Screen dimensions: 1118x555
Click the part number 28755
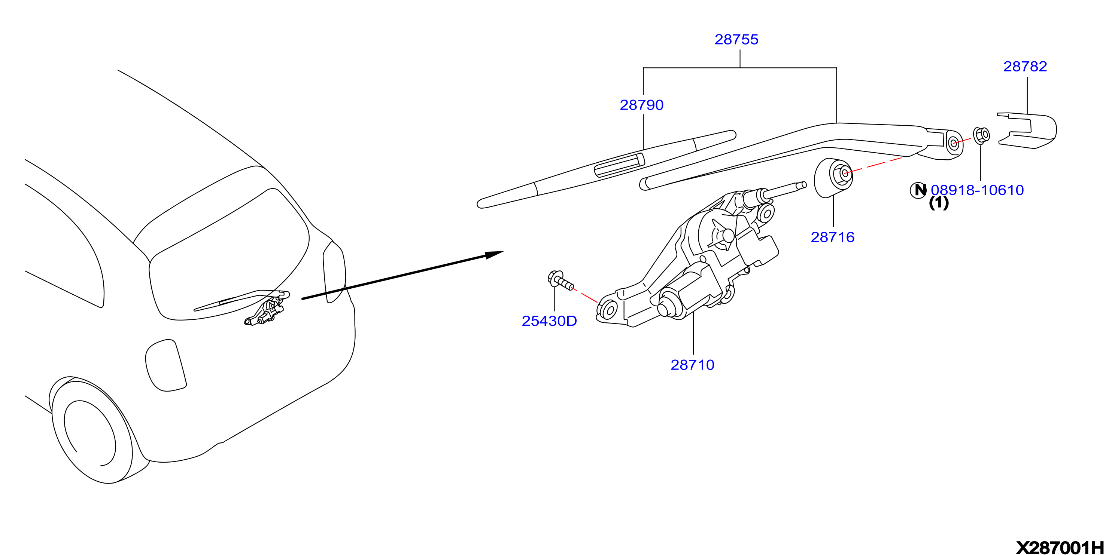[736, 40]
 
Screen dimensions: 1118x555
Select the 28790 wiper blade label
[641, 105]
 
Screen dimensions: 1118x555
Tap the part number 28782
[1025, 66]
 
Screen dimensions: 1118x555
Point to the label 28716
[832, 237]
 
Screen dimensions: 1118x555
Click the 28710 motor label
[692, 365]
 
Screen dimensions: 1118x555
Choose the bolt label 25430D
[549, 321]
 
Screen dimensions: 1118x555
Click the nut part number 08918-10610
[977, 190]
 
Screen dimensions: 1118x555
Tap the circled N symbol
[918, 190]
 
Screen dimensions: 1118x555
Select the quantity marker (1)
[939, 203]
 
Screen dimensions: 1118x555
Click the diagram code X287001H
[1060, 548]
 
